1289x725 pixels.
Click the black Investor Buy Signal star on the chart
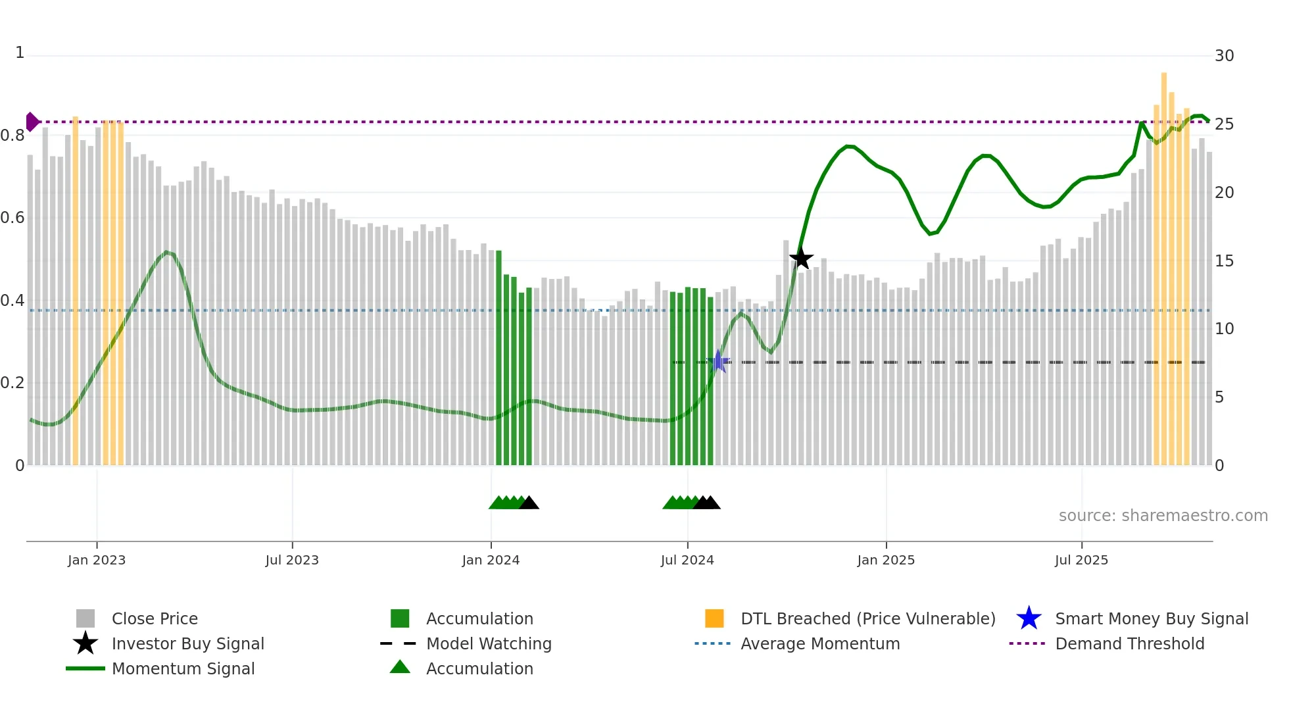[x=801, y=259]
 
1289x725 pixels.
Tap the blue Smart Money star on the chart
[x=719, y=361]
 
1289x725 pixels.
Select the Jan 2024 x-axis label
[x=491, y=561]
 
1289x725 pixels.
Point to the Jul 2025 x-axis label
[x=1081, y=561]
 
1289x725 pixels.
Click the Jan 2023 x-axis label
[x=97, y=561]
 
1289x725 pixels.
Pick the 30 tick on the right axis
[x=1224, y=56]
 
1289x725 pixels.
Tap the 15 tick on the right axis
[x=1224, y=261]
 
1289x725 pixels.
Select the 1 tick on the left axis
[x=20, y=53]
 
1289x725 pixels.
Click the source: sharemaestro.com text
[x=1163, y=516]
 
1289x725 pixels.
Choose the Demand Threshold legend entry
[x=1129, y=644]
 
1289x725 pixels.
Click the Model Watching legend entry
[x=489, y=644]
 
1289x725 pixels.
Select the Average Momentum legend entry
[x=819, y=644]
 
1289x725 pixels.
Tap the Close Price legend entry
[x=155, y=619]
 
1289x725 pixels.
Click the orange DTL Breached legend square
[x=714, y=618]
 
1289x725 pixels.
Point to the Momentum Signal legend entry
[x=183, y=669]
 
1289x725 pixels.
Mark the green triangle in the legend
[x=400, y=667]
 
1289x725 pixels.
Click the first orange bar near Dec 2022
[x=75, y=289]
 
